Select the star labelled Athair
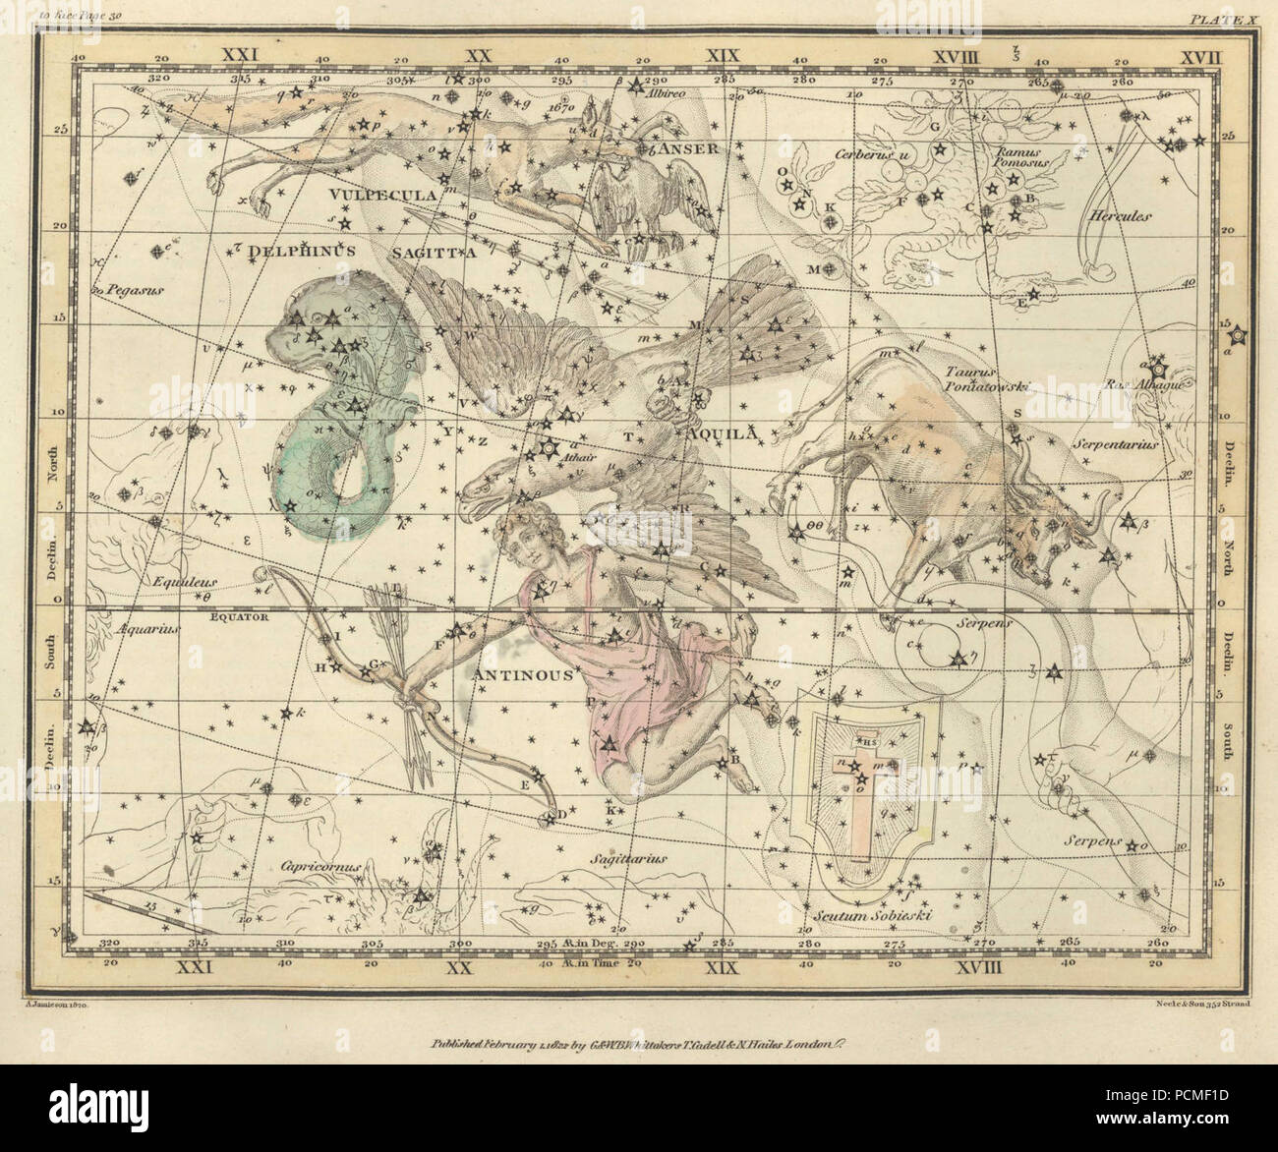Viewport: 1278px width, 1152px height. click(542, 452)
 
